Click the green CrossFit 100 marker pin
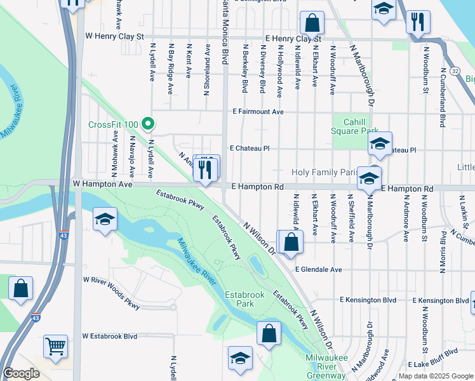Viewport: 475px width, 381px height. (x=148, y=123)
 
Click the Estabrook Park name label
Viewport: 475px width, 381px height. (x=239, y=298)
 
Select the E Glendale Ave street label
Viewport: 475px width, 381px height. (x=319, y=269)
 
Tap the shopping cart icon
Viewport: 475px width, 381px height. (x=56, y=347)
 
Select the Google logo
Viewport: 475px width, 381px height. (x=21, y=373)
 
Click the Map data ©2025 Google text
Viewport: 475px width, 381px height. (x=435, y=376)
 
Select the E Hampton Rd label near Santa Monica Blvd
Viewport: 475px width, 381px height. (x=257, y=187)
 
